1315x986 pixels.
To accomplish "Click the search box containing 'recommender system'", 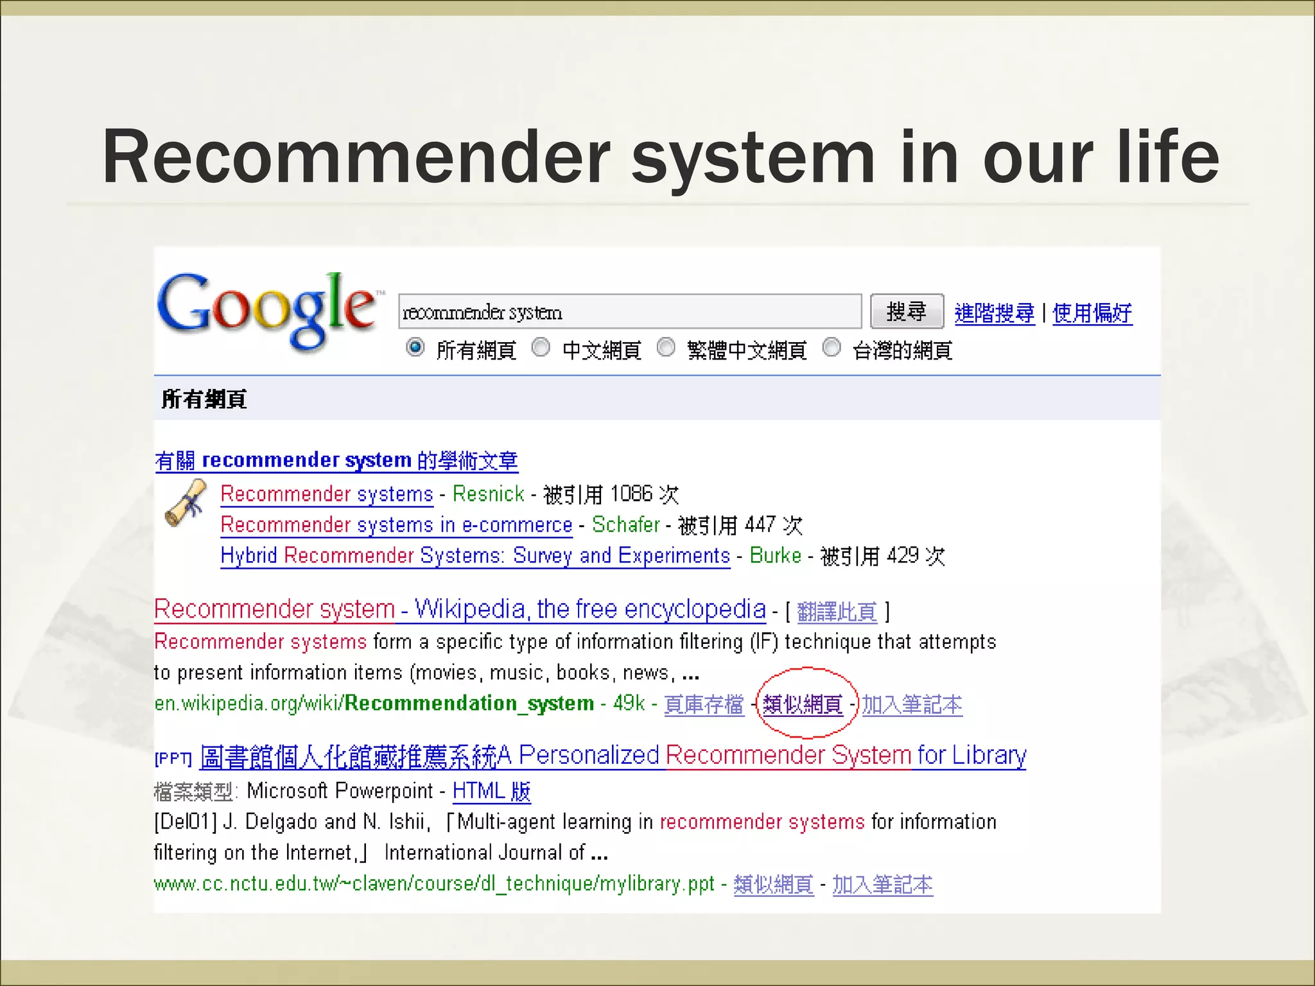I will [x=629, y=312].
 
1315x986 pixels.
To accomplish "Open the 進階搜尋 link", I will [x=994, y=313].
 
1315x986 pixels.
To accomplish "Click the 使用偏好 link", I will [x=1092, y=313].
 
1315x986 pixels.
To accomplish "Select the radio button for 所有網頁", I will [x=415, y=348].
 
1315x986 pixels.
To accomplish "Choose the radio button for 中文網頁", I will [x=541, y=348].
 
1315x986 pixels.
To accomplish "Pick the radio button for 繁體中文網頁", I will [x=666, y=348].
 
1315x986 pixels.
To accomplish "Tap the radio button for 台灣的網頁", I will [x=832, y=348].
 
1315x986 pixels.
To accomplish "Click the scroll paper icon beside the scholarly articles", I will [x=186, y=503].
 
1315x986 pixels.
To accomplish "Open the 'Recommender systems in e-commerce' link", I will [x=396, y=525].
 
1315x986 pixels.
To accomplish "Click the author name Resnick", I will [x=489, y=494].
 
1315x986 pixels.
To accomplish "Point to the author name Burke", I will [x=776, y=556].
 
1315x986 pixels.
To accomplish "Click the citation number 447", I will [x=760, y=525].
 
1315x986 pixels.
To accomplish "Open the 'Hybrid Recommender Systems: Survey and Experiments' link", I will [x=475, y=556].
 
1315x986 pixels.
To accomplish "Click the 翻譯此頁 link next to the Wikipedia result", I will [x=837, y=612].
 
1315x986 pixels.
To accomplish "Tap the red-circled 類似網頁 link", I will [x=803, y=705].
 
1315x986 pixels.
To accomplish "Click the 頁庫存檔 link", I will [x=704, y=705].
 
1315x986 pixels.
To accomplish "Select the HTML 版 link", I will [x=491, y=791].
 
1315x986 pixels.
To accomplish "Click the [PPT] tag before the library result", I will [x=173, y=759].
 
